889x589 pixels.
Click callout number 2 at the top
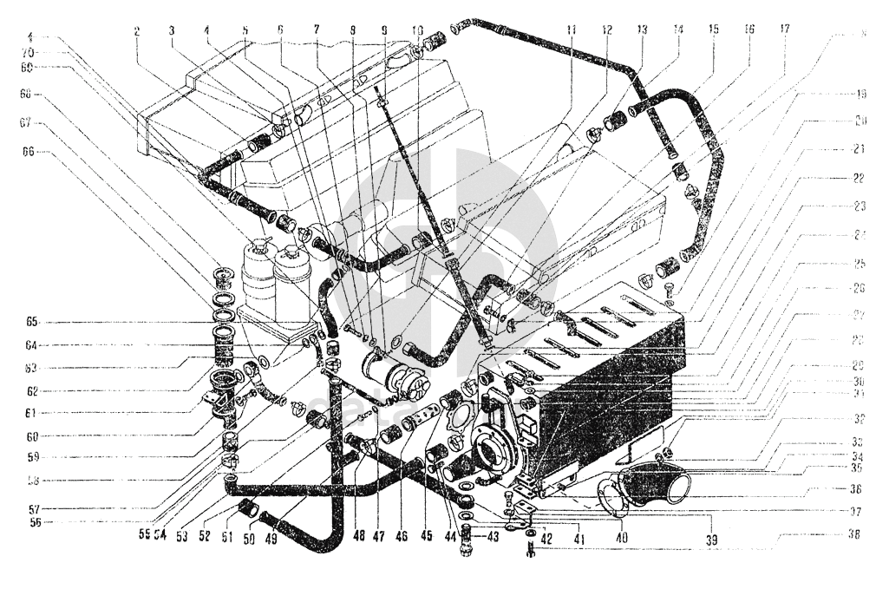coord(137,31)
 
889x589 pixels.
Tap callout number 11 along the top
coord(571,29)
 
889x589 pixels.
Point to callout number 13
coord(643,29)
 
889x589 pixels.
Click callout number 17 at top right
coord(785,29)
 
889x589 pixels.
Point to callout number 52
coord(205,536)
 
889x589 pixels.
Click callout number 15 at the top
coord(713,29)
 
